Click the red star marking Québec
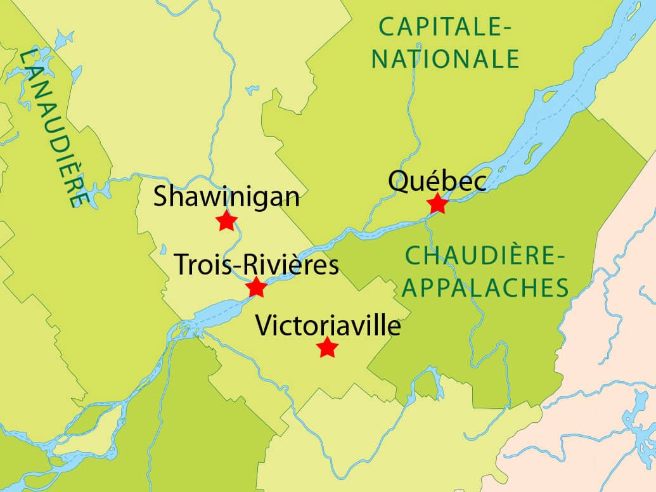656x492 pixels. point(437,205)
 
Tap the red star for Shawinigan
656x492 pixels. point(226,221)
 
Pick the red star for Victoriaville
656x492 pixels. point(327,347)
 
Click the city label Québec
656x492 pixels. point(438,181)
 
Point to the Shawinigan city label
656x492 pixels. point(226,197)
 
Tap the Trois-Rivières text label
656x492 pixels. point(256,264)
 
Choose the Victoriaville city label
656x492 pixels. point(328,326)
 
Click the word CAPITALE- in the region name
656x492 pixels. point(445,27)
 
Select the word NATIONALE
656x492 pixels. point(445,58)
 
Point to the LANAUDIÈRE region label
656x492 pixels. point(53,127)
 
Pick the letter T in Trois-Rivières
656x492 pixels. point(182,264)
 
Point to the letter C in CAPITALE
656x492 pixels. point(387,27)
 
